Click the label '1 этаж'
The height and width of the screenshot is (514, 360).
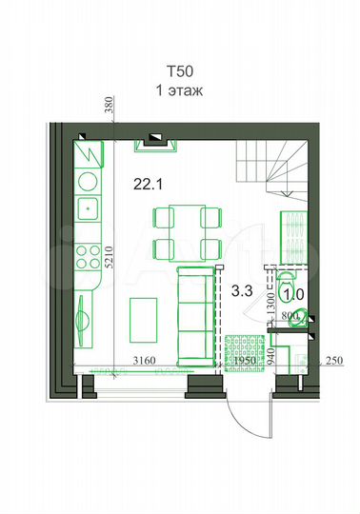[x=180, y=90]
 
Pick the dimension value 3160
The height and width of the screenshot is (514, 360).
[x=143, y=361]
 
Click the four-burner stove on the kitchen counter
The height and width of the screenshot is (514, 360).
[x=88, y=255]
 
